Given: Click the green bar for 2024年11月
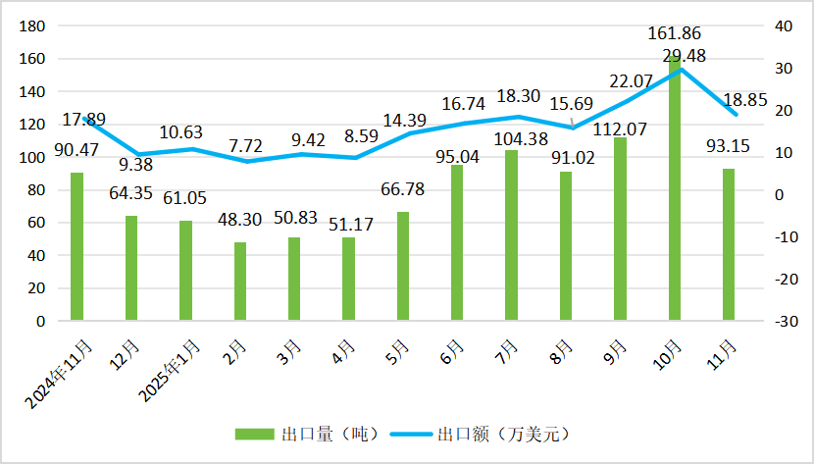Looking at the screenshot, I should [x=76, y=246].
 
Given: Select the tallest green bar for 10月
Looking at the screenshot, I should [x=674, y=196].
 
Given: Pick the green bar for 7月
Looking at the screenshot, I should [x=511, y=235].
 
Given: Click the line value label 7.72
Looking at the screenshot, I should [x=240, y=145].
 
